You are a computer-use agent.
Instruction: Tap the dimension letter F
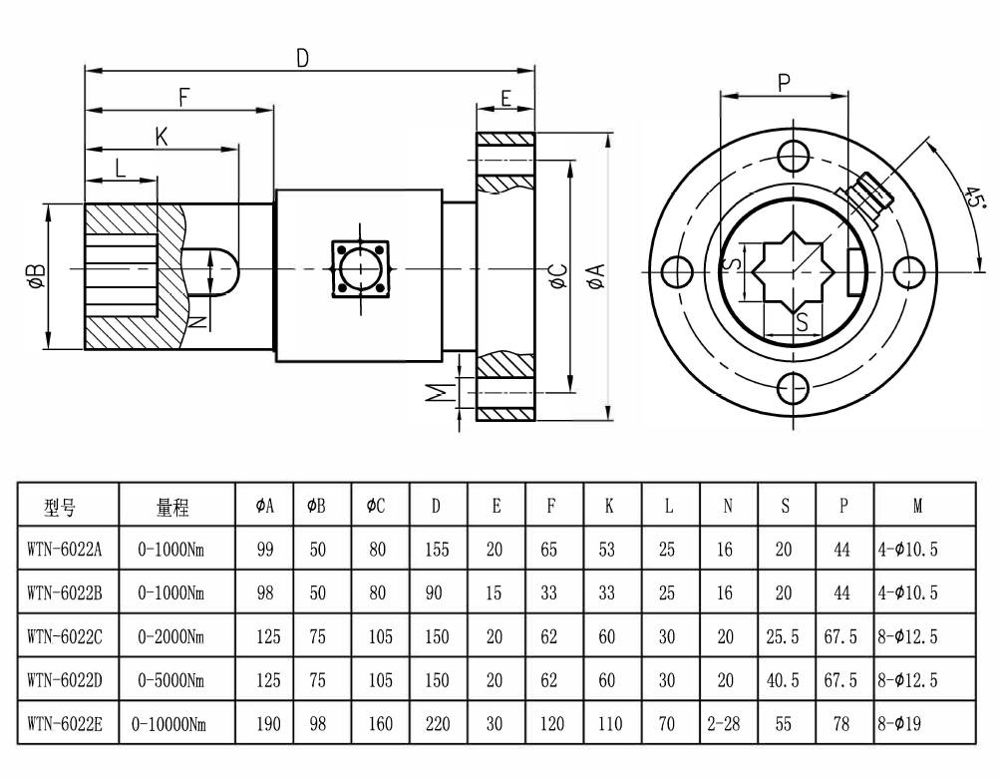[184, 97]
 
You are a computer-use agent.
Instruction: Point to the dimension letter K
[161, 136]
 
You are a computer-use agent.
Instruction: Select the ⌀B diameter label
[34, 277]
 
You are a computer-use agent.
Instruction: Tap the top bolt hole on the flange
[794, 155]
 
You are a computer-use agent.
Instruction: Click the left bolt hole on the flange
[677, 270]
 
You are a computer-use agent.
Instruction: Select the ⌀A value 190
[268, 723]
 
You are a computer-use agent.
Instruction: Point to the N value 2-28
[728, 723]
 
